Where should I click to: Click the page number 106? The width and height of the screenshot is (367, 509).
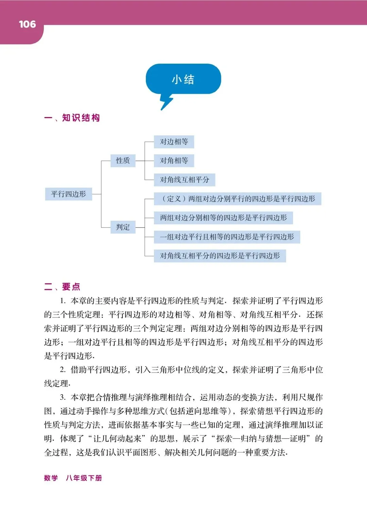27,24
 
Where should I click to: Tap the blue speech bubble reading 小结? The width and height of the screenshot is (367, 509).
183,79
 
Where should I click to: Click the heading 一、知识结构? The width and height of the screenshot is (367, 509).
72,118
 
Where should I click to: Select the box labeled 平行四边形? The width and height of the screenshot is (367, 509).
68,194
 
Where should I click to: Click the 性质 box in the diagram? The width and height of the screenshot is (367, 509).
123,161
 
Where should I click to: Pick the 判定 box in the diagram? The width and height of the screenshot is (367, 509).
123,227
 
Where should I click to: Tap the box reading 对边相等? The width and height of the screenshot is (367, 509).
174,142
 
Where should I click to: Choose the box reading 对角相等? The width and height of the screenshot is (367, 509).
174,161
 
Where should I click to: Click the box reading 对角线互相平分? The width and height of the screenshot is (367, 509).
185,180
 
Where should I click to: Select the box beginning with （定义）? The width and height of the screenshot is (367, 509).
238,199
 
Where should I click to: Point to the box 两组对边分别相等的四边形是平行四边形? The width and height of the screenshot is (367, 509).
223,218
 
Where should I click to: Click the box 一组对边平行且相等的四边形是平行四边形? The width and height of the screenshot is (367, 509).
227,237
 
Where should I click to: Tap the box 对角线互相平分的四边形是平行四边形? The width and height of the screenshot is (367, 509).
220,256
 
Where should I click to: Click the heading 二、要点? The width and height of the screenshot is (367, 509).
62,286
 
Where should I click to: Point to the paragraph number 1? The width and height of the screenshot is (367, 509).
63,301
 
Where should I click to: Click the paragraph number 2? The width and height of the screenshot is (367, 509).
63,370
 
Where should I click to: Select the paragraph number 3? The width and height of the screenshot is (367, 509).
63,397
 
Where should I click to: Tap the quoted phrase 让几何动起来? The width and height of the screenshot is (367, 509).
117,439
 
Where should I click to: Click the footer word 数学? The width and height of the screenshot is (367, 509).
51,478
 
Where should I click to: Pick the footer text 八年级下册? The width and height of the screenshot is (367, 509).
84,478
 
